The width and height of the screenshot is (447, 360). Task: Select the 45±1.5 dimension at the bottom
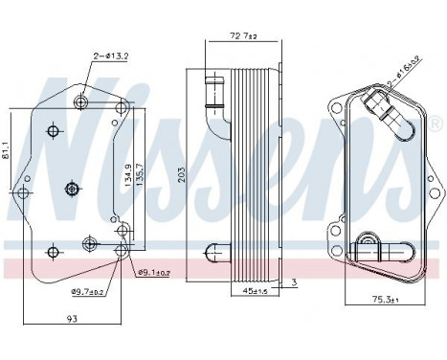pyautogui.click(x=254, y=290)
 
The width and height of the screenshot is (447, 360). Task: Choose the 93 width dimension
pyautogui.click(x=73, y=319)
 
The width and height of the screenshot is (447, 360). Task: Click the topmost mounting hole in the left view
pyautogui.click(x=83, y=101)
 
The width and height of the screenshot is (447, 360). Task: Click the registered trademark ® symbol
pyautogui.click(x=436, y=124)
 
